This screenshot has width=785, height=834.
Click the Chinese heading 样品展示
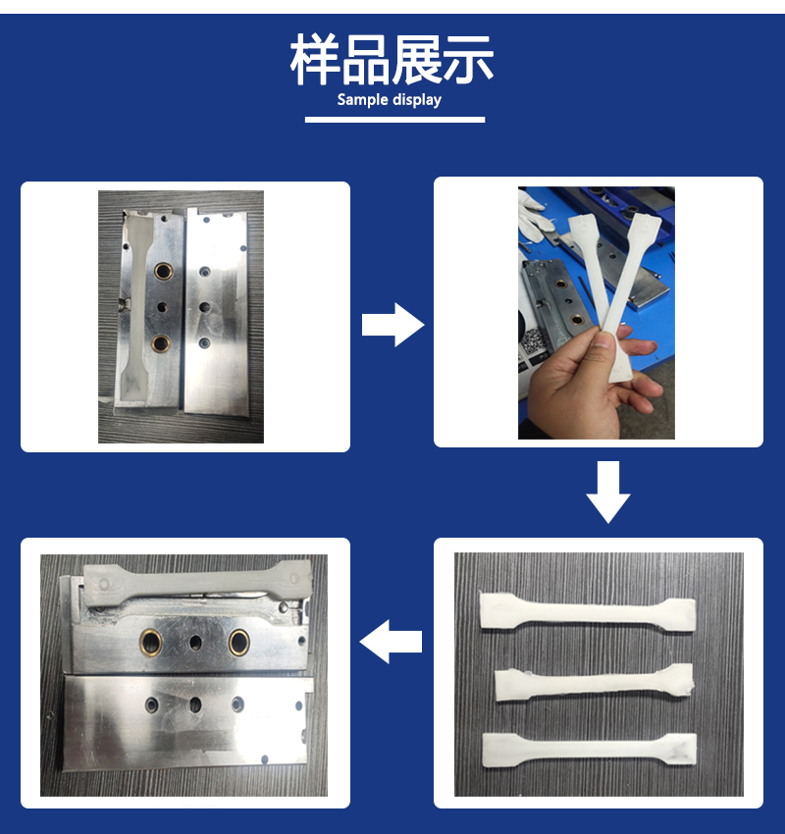392,62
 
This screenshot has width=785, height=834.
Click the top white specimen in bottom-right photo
586,610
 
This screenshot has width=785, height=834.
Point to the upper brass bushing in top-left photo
162,268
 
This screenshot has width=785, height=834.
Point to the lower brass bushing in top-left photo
162,343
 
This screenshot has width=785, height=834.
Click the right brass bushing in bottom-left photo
239,641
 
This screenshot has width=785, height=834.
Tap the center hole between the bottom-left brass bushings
195,641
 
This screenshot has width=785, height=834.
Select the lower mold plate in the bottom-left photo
186,721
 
